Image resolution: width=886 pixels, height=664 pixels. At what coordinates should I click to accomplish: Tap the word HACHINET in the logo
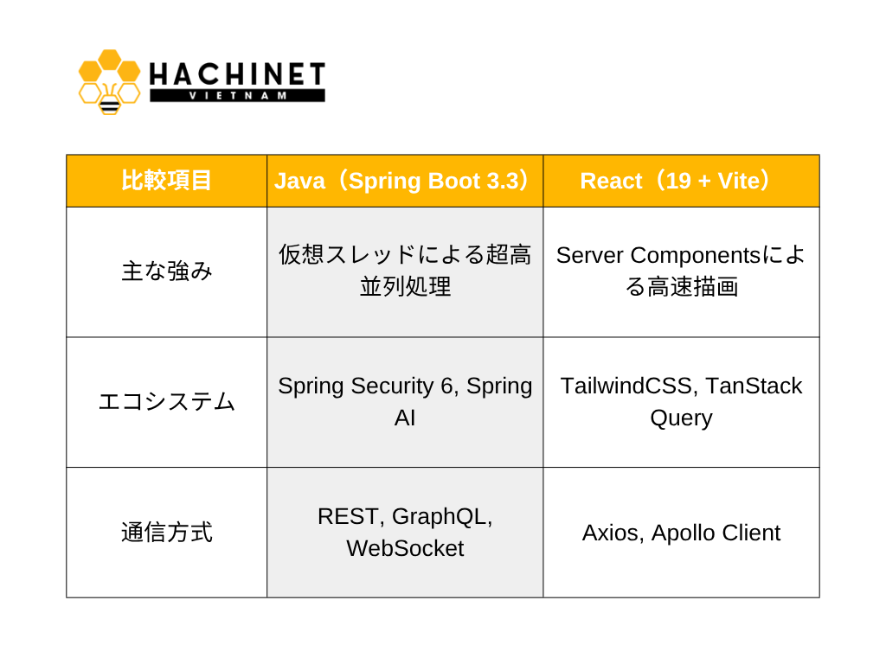[x=237, y=74]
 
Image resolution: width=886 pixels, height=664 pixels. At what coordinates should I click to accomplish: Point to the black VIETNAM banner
[x=237, y=95]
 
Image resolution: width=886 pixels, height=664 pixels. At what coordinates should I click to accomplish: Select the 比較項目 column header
[x=166, y=181]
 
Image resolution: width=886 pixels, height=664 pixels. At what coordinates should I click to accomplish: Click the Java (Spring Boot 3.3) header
[x=405, y=181]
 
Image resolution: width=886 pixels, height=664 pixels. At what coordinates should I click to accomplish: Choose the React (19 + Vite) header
[x=681, y=181]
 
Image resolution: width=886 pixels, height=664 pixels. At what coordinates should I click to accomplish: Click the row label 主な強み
[x=167, y=271]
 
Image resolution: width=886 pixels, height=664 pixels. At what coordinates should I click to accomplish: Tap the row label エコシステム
[x=167, y=402]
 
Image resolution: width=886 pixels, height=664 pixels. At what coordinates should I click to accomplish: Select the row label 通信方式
[x=167, y=533]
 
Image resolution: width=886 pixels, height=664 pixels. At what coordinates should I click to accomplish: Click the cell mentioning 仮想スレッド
[x=405, y=271]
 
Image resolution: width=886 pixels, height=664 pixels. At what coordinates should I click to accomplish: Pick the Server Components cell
[x=681, y=271]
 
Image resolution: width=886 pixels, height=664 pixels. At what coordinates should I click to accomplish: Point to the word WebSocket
[x=405, y=548]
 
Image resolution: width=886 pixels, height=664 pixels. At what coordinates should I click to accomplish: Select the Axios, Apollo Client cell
[x=681, y=533]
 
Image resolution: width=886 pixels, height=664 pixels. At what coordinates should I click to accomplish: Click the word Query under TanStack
[x=681, y=418]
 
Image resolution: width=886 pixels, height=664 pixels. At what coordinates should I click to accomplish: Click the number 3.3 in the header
[x=503, y=181]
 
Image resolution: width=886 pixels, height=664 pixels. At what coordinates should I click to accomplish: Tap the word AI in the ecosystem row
[x=405, y=418]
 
